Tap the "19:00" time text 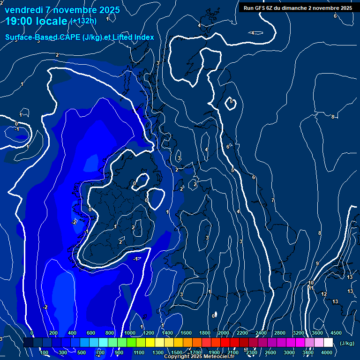coord(21,21)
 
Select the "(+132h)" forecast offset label coord(83,21)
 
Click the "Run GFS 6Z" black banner coord(298,8)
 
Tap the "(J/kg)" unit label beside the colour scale coord(347,344)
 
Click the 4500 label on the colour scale coord(336,333)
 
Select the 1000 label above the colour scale coord(130,333)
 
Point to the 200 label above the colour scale coord(53,333)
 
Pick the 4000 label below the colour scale coord(327,352)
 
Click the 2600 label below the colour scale coord(270,352)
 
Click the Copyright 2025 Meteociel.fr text coord(199,357)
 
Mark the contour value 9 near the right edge coord(317,263)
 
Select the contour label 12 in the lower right coord(324,294)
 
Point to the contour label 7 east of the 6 coord(273,200)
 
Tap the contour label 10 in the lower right coord(311,283)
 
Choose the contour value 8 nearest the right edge coord(333,117)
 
